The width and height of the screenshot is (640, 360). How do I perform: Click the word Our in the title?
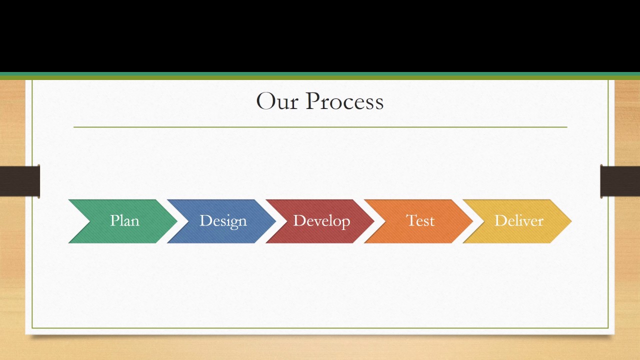pos(277,101)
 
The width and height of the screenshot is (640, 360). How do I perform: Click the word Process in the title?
pos(344,101)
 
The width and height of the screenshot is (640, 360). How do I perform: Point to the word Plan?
pos(124,220)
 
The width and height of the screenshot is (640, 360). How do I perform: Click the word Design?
pos(223,220)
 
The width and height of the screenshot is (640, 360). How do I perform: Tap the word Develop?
pos(321,220)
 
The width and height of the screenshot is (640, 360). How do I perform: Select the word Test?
pos(420,220)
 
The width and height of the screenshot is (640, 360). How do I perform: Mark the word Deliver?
pos(518,220)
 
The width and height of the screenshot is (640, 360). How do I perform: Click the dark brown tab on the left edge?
pos(20,181)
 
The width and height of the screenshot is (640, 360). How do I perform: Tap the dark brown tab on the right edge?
pos(620,181)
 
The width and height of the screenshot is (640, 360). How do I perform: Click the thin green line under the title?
pos(320,127)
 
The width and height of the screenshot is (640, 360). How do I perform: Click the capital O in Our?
pos(265,101)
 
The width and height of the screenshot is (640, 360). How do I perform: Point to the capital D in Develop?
pos(298,220)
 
